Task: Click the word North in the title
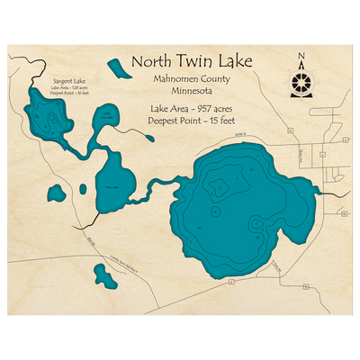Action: point(153,61)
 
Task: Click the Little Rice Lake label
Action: point(107,115)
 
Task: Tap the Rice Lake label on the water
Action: point(112,186)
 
